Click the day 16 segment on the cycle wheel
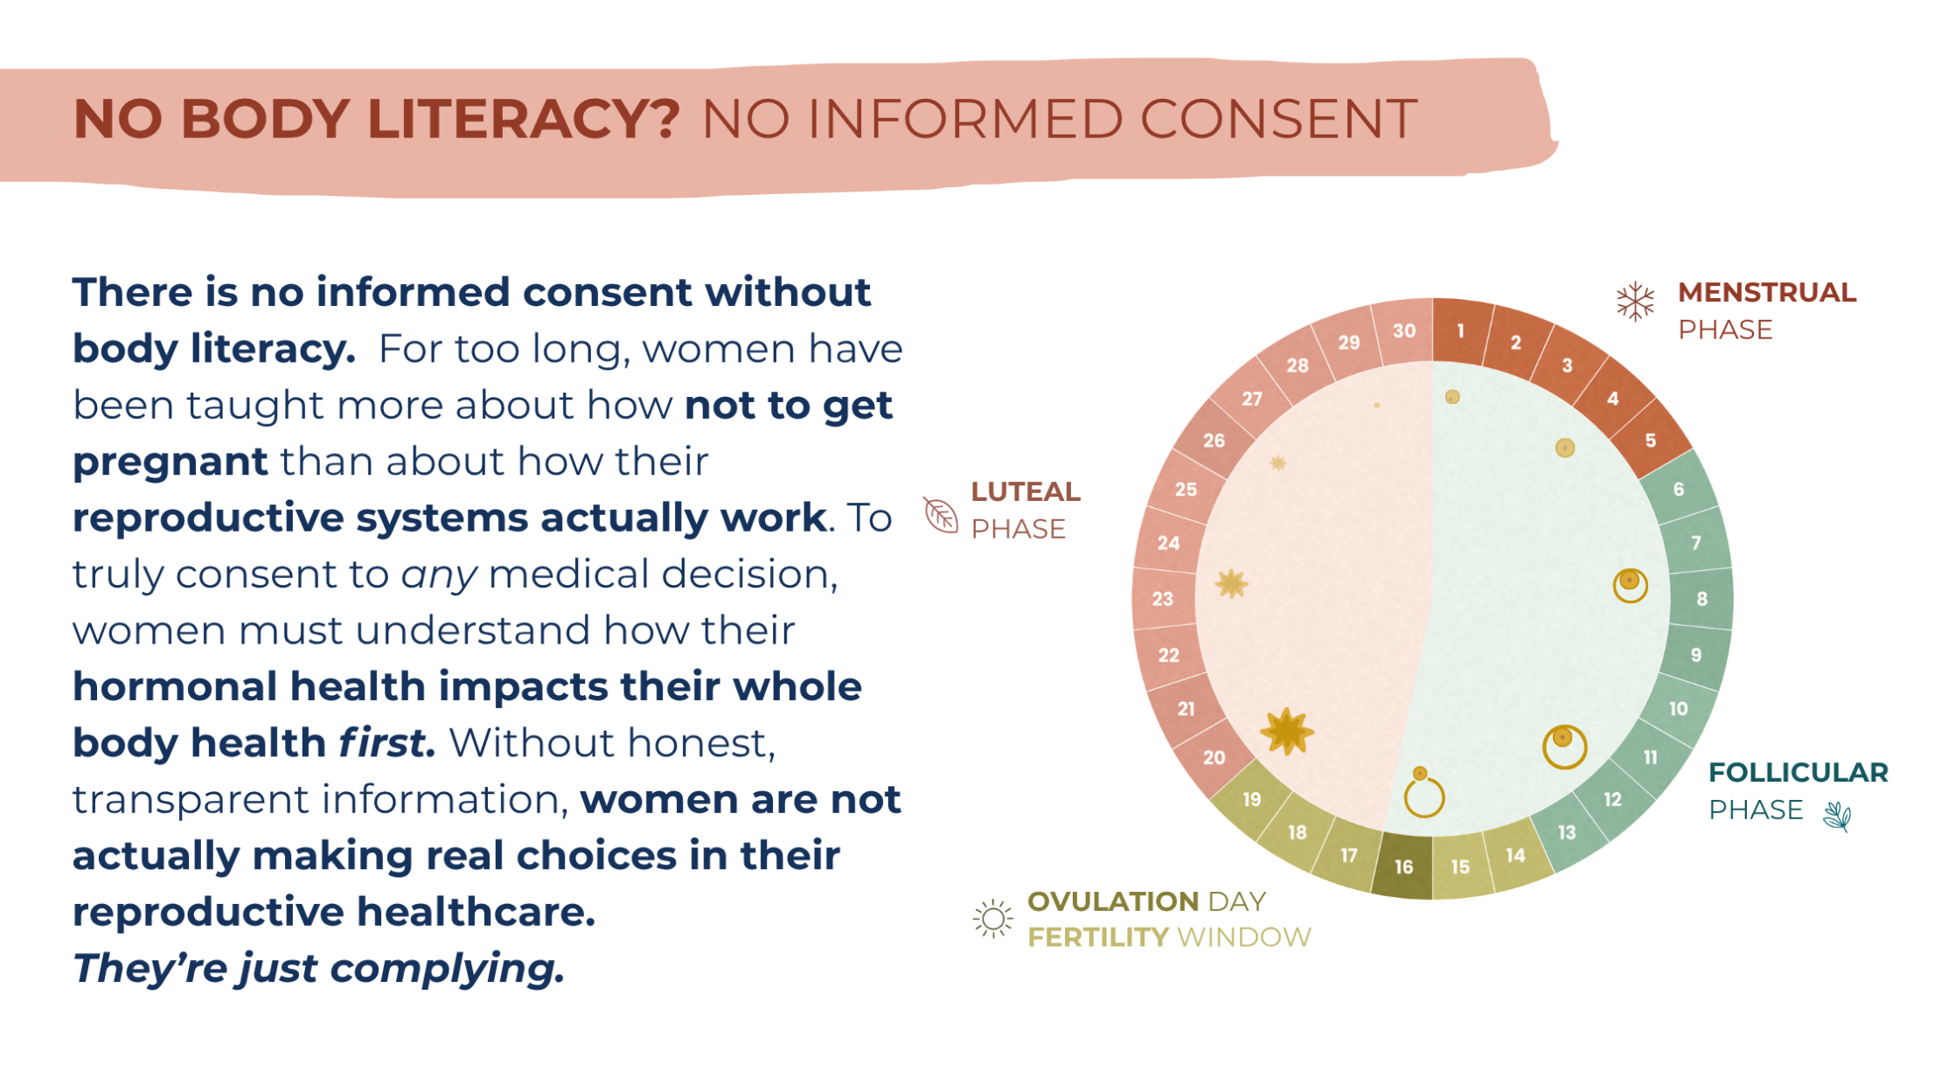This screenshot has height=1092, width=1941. click(x=1403, y=866)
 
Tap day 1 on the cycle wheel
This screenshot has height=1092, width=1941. click(x=1460, y=330)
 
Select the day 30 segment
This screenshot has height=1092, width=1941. click(x=1404, y=330)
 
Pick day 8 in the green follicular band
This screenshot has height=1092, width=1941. click(x=1701, y=599)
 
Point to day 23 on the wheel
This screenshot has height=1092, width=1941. click(x=1163, y=599)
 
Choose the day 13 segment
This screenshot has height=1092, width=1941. click(x=1567, y=832)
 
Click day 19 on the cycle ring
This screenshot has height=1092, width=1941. click(x=1252, y=799)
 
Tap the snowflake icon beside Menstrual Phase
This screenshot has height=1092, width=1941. click(x=1635, y=302)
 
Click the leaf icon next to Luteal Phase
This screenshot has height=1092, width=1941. click(x=941, y=514)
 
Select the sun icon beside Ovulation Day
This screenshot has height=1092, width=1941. click(x=992, y=919)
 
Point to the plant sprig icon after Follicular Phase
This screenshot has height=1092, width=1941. click(x=1838, y=817)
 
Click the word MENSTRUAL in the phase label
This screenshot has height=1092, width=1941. click(x=1766, y=292)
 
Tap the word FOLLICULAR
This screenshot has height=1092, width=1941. click(x=1798, y=772)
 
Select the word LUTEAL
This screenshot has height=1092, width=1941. click(x=1026, y=491)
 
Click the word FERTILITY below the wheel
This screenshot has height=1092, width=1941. click(x=1098, y=937)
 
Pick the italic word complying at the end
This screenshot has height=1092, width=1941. click(x=447, y=969)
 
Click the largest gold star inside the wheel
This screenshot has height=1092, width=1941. click(x=1287, y=732)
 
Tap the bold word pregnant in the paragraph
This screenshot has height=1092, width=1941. click(x=170, y=463)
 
